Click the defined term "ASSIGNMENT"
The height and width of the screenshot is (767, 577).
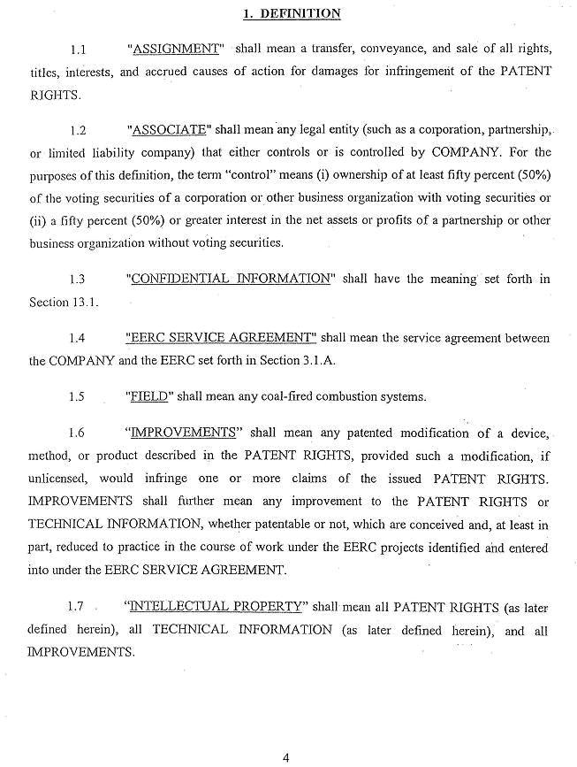(x=176, y=47)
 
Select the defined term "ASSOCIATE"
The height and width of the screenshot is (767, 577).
(x=171, y=130)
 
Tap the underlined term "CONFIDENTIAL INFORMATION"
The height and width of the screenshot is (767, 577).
(x=230, y=279)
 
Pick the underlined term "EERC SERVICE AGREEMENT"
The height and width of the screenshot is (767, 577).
(x=220, y=338)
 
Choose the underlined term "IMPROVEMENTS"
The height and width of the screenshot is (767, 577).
(x=184, y=433)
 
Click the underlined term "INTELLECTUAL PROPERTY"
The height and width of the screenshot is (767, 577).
(x=216, y=606)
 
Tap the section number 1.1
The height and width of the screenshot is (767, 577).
(x=78, y=48)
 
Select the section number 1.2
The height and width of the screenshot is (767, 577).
(x=78, y=131)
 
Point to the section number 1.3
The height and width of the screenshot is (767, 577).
(x=78, y=280)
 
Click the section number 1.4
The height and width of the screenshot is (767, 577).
(x=78, y=339)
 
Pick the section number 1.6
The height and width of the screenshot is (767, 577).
(x=78, y=433)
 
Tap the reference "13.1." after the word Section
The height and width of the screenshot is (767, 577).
(x=86, y=303)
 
